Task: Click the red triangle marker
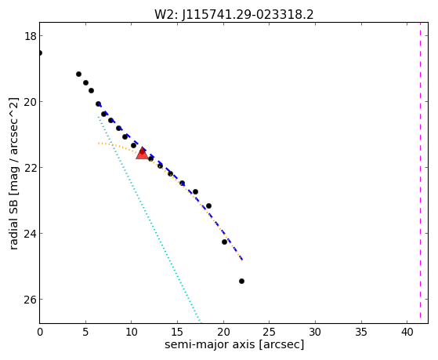click(x=142, y=153)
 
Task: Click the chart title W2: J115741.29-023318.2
click(x=234, y=14)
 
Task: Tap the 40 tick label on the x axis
click(x=407, y=332)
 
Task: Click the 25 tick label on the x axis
click(x=270, y=332)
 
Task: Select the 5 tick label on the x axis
click(x=85, y=332)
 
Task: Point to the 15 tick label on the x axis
click(x=177, y=332)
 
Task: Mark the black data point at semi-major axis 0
click(x=40, y=53)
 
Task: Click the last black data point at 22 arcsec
click(x=241, y=281)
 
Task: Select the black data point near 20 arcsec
click(x=224, y=242)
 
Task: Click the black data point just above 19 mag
click(x=79, y=75)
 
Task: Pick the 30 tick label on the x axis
click(x=315, y=332)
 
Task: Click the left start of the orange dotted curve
click(x=99, y=144)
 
